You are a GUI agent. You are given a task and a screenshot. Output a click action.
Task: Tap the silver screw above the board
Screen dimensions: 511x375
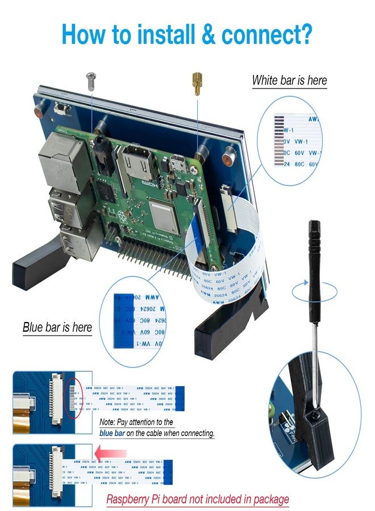pos(90,80)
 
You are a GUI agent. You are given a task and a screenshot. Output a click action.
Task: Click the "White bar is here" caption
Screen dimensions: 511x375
pos(289,80)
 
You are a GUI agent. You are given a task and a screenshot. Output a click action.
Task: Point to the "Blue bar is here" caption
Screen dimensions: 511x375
pos(57,328)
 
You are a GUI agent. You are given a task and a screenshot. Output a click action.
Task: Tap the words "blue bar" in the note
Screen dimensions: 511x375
pos(112,433)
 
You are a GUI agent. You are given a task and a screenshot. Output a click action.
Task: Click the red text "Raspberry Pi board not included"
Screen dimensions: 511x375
pos(198,500)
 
